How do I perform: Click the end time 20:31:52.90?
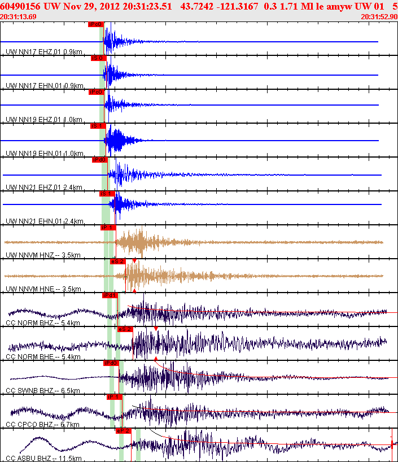tap(379, 17)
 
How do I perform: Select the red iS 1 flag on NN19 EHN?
tap(97, 126)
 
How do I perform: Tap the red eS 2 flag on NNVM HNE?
tap(117, 261)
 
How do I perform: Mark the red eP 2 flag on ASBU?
tap(123, 431)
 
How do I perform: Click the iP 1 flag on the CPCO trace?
tap(114, 397)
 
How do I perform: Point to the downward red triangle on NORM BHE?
tap(156, 328)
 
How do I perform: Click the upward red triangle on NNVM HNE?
tap(134, 290)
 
